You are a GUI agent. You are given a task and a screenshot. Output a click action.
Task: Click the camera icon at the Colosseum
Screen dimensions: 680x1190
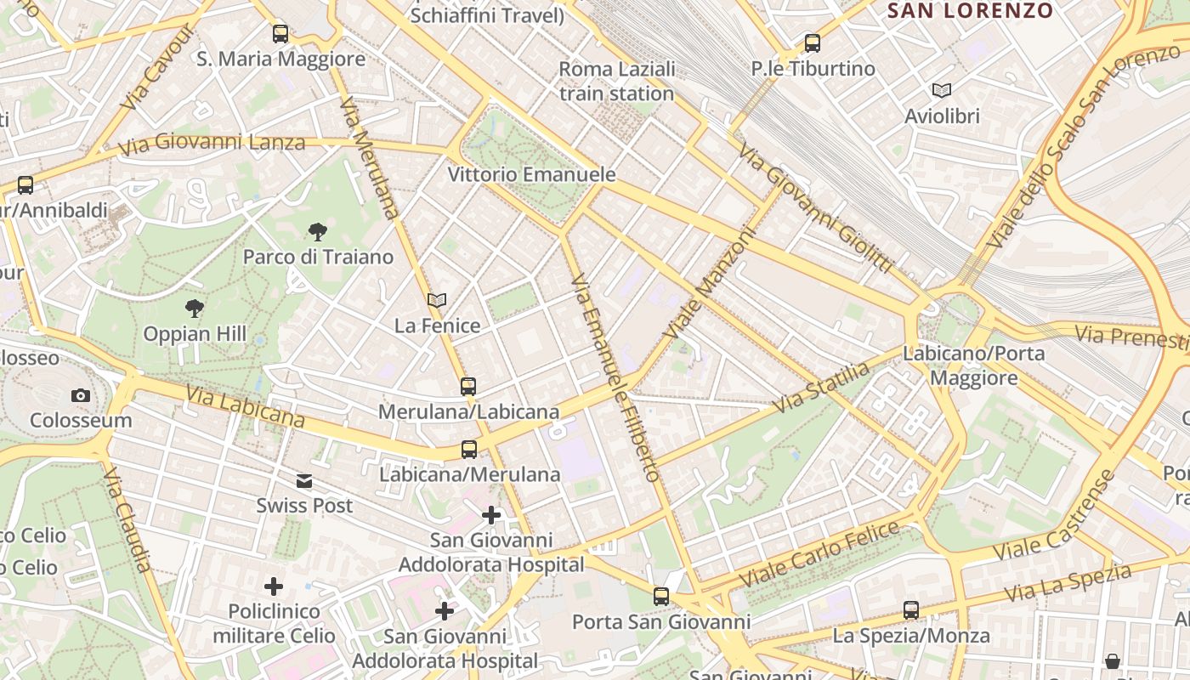[81, 395]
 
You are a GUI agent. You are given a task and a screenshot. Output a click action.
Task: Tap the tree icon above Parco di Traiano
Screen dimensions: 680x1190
[318, 231]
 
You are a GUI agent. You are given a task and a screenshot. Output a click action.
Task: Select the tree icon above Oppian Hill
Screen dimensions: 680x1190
[195, 309]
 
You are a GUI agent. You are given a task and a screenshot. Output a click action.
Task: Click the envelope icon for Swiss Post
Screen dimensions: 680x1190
[304, 481]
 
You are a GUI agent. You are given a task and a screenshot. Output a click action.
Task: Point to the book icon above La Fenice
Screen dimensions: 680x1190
[437, 300]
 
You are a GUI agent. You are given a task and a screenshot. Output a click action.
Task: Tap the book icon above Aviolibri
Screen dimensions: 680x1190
[942, 90]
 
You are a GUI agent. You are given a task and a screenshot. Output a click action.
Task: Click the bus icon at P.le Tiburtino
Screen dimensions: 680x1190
[813, 42]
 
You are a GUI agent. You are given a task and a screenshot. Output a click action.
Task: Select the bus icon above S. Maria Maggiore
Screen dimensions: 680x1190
[280, 34]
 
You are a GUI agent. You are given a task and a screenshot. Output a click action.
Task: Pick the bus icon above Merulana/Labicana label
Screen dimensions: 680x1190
[468, 387]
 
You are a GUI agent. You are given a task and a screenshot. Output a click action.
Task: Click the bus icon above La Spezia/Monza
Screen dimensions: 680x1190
[911, 609]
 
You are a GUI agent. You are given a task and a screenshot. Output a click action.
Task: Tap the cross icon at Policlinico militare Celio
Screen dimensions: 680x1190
[274, 586]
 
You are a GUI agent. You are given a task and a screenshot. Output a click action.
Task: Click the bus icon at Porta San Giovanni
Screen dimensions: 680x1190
[661, 597]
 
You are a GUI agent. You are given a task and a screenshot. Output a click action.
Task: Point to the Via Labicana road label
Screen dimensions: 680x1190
[245, 407]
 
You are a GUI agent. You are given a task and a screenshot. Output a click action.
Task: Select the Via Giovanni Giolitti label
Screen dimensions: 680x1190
[814, 208]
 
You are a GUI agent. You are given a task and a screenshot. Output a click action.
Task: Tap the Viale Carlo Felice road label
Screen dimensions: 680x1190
[819, 555]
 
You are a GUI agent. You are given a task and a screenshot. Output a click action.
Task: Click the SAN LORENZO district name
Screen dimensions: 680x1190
[970, 11]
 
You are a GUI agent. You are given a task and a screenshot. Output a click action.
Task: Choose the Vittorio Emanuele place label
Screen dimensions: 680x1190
[531, 175]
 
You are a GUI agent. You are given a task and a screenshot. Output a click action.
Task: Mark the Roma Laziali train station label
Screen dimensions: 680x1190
[617, 82]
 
